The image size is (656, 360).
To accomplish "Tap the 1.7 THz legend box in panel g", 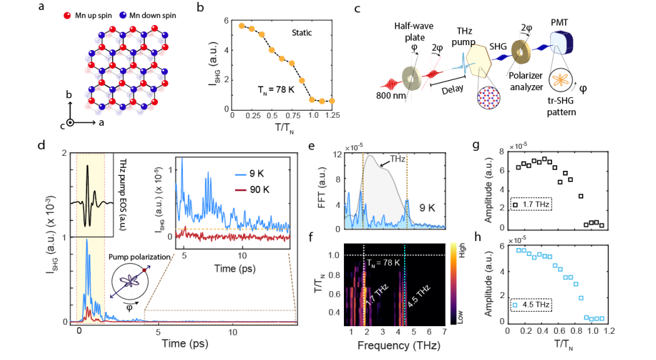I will (532, 203).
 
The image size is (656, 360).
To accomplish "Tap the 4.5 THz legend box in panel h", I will (532, 304).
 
